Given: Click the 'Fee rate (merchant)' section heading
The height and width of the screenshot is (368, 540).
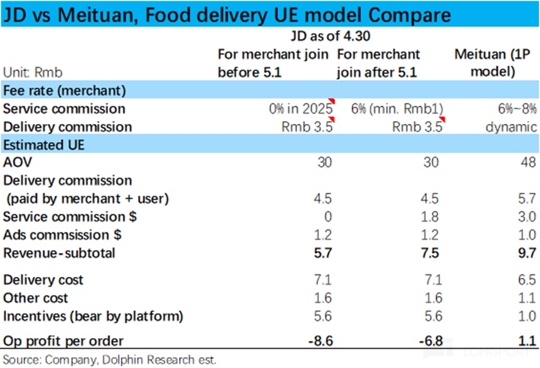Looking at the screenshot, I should point(64,90).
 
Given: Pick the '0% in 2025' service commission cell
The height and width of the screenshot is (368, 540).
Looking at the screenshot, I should point(300,109).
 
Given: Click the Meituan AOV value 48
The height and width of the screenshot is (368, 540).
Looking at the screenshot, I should point(529,163).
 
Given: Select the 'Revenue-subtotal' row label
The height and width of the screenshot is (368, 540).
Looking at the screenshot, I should point(59,253).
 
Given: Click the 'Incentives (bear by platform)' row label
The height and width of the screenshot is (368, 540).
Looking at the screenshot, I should point(93,316).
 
